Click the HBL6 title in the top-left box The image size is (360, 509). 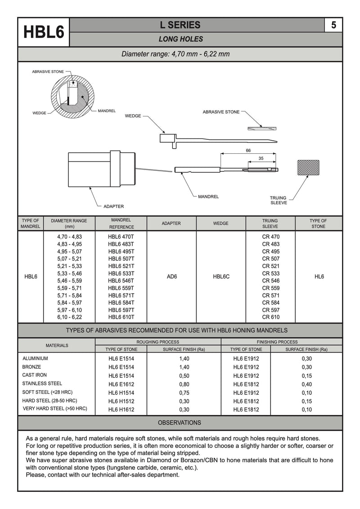click(44, 32)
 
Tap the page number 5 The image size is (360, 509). click(333, 25)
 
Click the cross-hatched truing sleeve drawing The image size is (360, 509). click(308, 168)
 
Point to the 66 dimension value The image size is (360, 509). click(248, 151)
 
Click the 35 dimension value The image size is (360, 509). click(261, 158)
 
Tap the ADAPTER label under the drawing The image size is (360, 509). click(113, 206)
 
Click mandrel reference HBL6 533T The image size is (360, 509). click(121, 273)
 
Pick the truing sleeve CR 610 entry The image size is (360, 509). click(270, 317)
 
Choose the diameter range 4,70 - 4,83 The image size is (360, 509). click(69, 237)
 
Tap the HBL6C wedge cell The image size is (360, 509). click(221, 277)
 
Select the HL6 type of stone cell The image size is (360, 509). click(319, 277)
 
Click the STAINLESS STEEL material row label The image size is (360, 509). click(42, 384)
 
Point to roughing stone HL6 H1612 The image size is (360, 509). click(121, 410)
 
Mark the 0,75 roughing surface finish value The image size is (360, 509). click(184, 393)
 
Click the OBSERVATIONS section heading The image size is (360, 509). click(180, 423)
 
